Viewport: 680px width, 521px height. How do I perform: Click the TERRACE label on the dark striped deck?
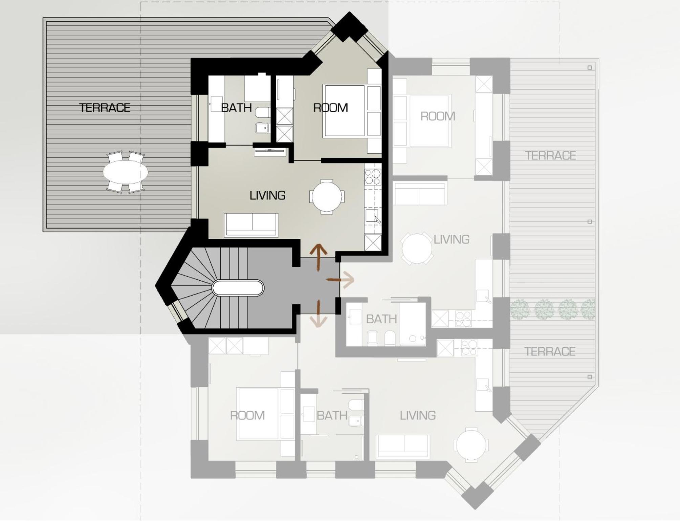(105, 108)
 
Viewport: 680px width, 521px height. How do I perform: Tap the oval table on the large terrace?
(126, 172)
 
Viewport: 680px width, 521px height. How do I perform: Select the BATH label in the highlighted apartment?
(236, 108)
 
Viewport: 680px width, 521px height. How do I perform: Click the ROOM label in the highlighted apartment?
(330, 108)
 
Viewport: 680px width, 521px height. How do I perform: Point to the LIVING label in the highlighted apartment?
(267, 195)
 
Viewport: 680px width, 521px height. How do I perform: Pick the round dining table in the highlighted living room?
(327, 197)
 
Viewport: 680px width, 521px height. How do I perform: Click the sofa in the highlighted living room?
(251, 225)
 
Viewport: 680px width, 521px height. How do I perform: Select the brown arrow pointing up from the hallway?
(319, 257)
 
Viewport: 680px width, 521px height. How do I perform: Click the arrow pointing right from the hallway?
(341, 280)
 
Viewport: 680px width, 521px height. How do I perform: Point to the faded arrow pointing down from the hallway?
(319, 313)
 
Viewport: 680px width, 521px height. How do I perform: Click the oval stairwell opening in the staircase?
(238, 288)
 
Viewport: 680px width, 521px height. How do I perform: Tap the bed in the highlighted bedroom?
(344, 111)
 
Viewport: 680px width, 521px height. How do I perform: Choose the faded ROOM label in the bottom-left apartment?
(247, 415)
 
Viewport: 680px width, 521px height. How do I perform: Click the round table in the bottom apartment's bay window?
(471, 445)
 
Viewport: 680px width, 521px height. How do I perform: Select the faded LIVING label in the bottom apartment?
(418, 415)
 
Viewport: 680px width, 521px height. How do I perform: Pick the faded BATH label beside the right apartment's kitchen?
(381, 319)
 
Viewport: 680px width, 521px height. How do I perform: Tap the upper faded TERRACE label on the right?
(550, 155)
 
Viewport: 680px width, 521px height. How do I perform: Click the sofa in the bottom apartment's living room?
(403, 447)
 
